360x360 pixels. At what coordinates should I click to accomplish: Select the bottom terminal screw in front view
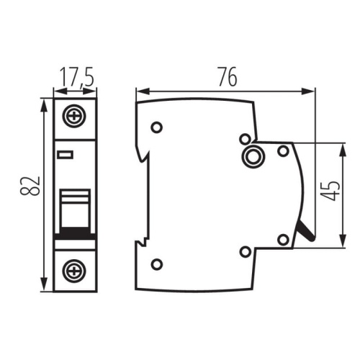73,271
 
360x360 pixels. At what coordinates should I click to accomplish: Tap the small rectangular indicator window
66,153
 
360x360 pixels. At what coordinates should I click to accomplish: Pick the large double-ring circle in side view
253,156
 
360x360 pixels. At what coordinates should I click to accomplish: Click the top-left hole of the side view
157,128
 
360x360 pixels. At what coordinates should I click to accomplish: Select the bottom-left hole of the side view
157,264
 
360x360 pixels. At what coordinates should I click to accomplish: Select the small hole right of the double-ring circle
283,150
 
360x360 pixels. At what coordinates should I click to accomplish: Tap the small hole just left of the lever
283,240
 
